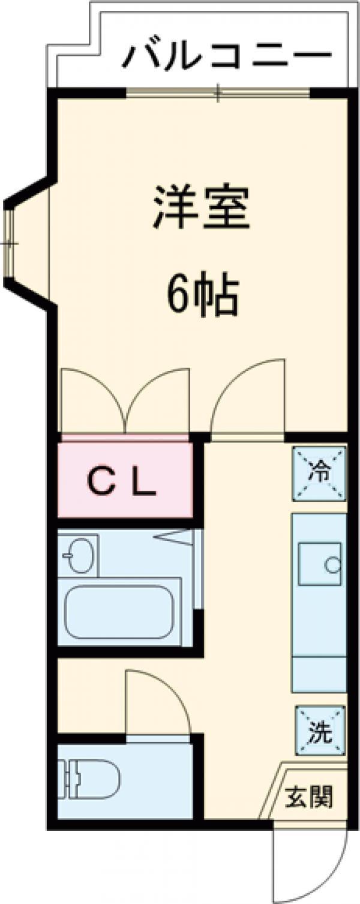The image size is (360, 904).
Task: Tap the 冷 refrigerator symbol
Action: pos(320,473)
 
